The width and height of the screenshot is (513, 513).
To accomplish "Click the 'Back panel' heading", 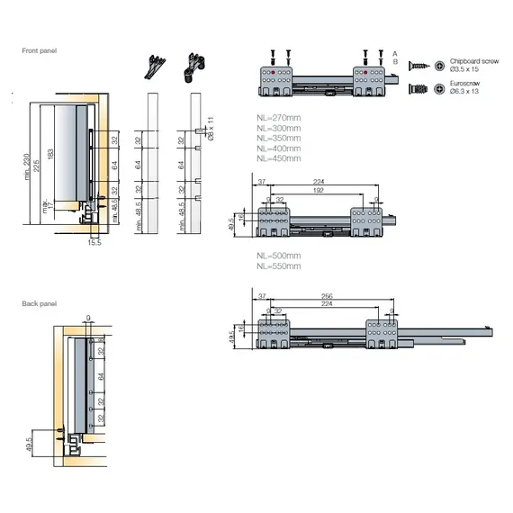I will point(39,304).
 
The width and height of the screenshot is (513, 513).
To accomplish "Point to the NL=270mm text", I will point(277,119).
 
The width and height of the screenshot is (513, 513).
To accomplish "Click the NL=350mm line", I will point(277,139).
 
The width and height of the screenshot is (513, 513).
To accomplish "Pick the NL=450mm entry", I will point(277,158).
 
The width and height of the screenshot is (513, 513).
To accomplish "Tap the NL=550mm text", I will point(277,267).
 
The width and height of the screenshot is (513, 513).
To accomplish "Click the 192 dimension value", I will point(318,191).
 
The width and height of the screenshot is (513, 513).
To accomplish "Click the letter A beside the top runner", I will point(394,53).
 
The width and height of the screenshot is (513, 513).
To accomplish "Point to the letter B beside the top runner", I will point(394,61).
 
